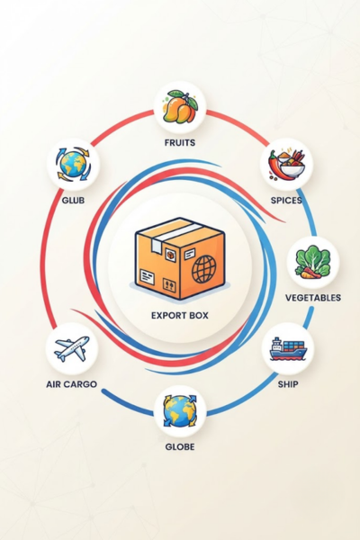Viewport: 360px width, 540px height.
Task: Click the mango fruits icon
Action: tap(180, 107)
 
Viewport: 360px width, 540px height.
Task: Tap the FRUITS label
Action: tap(180, 142)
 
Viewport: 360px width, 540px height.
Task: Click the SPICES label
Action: tap(286, 200)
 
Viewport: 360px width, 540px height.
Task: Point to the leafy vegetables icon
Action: tap(313, 262)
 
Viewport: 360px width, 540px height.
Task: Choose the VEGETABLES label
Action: tap(313, 298)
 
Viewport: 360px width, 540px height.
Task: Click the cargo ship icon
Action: tap(288, 349)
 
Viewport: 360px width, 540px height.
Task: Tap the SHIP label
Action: tap(288, 384)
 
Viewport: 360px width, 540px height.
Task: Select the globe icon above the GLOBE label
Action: tap(180, 411)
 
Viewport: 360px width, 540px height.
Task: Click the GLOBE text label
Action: tap(180, 447)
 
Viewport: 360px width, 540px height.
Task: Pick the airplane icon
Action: tap(72, 348)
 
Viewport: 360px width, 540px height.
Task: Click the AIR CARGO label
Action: tap(72, 384)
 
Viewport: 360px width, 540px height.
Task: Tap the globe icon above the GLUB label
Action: tap(73, 164)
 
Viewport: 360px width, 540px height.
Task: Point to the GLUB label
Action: tap(73, 200)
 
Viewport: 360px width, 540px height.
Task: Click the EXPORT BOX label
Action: tap(180, 316)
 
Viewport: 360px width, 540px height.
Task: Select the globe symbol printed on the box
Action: tap(204, 269)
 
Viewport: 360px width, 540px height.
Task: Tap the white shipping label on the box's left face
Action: tap(147, 277)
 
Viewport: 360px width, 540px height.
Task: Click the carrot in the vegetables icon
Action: tap(309, 273)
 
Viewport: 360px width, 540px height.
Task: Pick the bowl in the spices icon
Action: tap(292, 170)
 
